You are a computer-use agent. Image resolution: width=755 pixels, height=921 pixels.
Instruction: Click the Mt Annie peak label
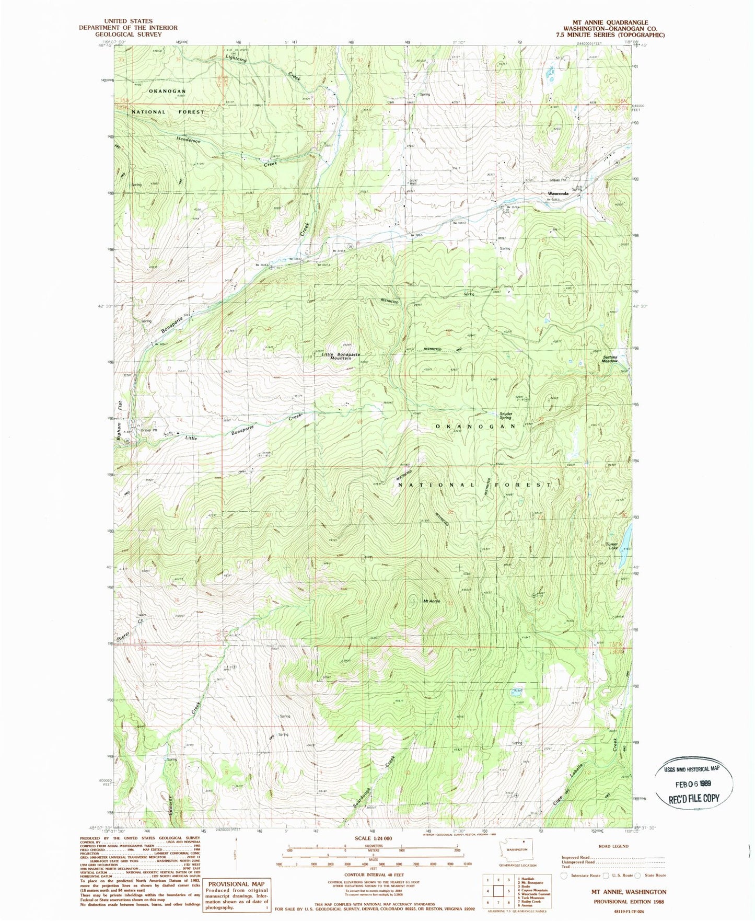point(431,601)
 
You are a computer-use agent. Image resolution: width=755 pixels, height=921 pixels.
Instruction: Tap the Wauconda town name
point(551,193)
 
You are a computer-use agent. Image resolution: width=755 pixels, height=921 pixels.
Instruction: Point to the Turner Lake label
point(612,546)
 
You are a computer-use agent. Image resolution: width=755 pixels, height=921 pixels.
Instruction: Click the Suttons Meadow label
point(610,359)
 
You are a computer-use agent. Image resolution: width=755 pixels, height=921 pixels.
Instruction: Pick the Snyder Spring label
point(505,416)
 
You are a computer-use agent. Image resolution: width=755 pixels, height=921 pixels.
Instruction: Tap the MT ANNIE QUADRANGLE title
point(610,22)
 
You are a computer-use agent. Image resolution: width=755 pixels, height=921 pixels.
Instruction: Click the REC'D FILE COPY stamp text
point(694,798)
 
